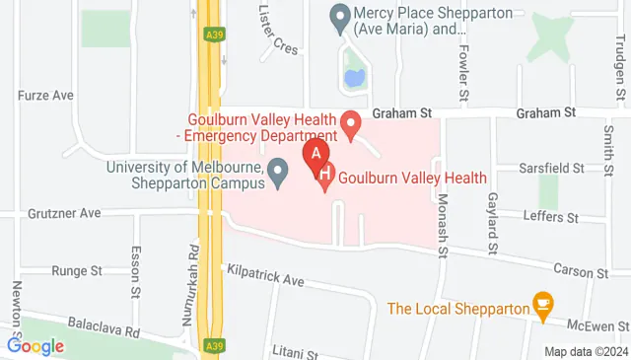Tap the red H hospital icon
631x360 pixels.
coord(326,179)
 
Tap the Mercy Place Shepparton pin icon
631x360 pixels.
coord(341,17)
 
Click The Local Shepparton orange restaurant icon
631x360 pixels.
coord(541,307)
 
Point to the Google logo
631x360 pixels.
coord(35,345)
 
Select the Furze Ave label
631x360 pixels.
coord(46,96)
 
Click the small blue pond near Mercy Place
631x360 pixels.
coord(352,75)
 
